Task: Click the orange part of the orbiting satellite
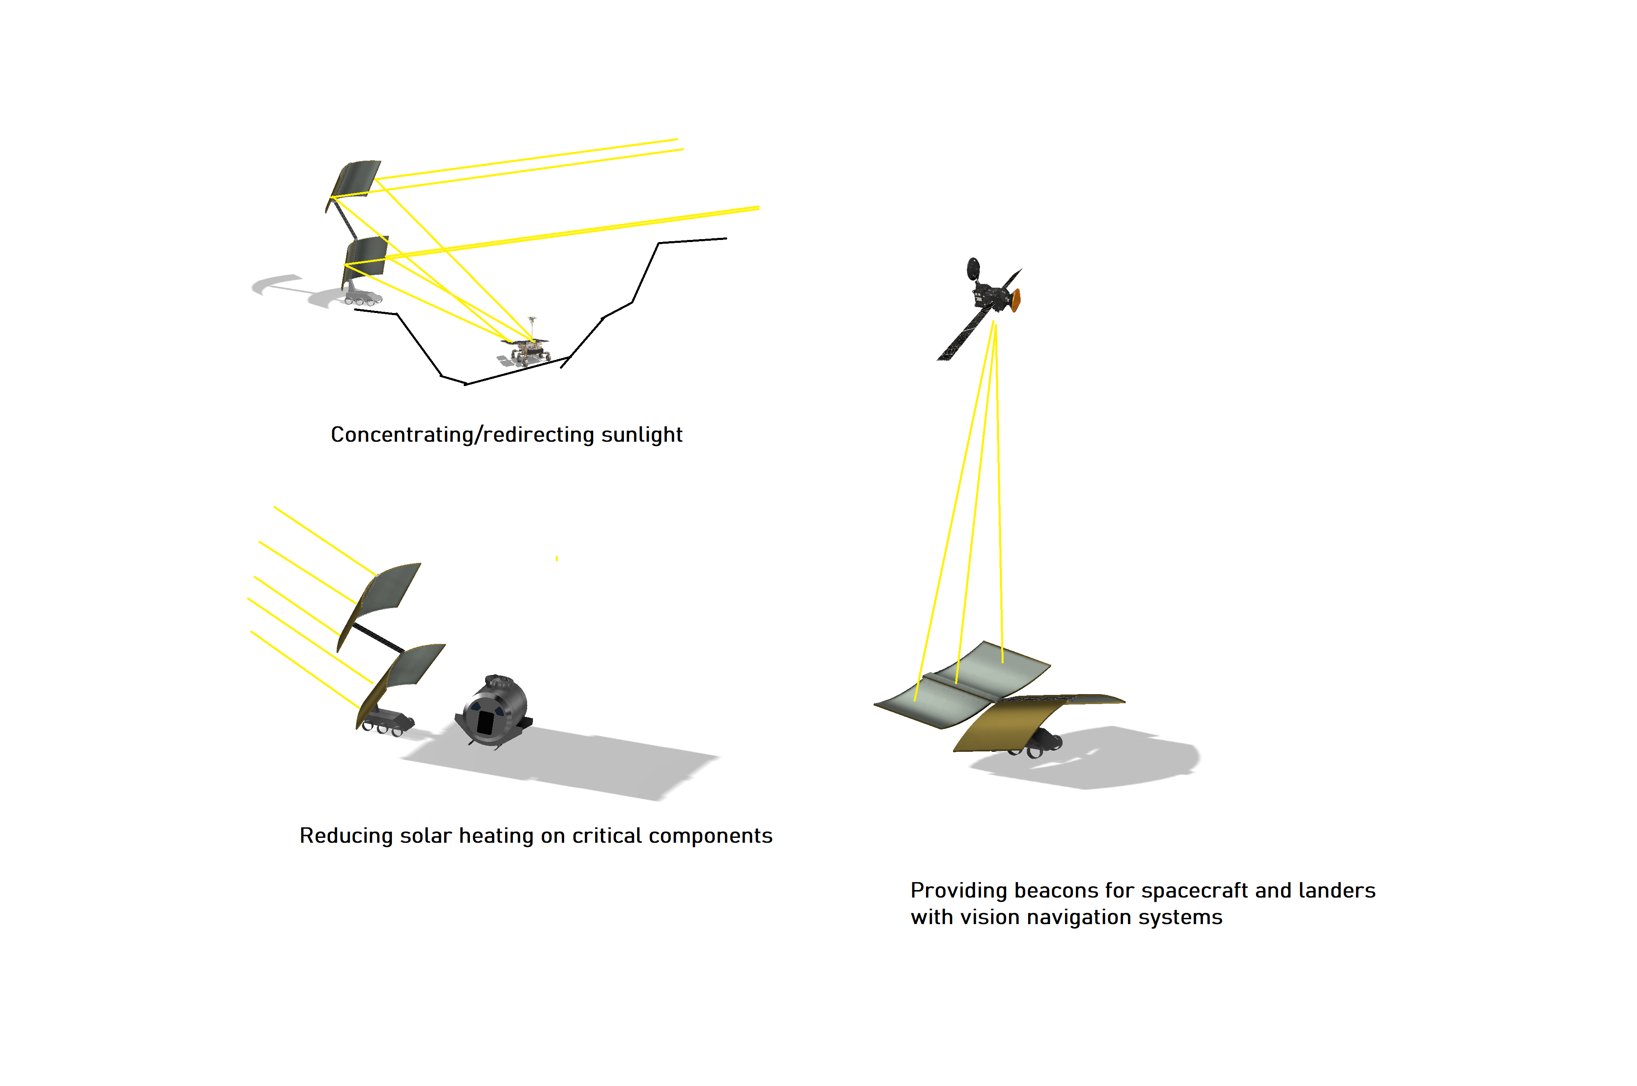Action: pos(1016,301)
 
